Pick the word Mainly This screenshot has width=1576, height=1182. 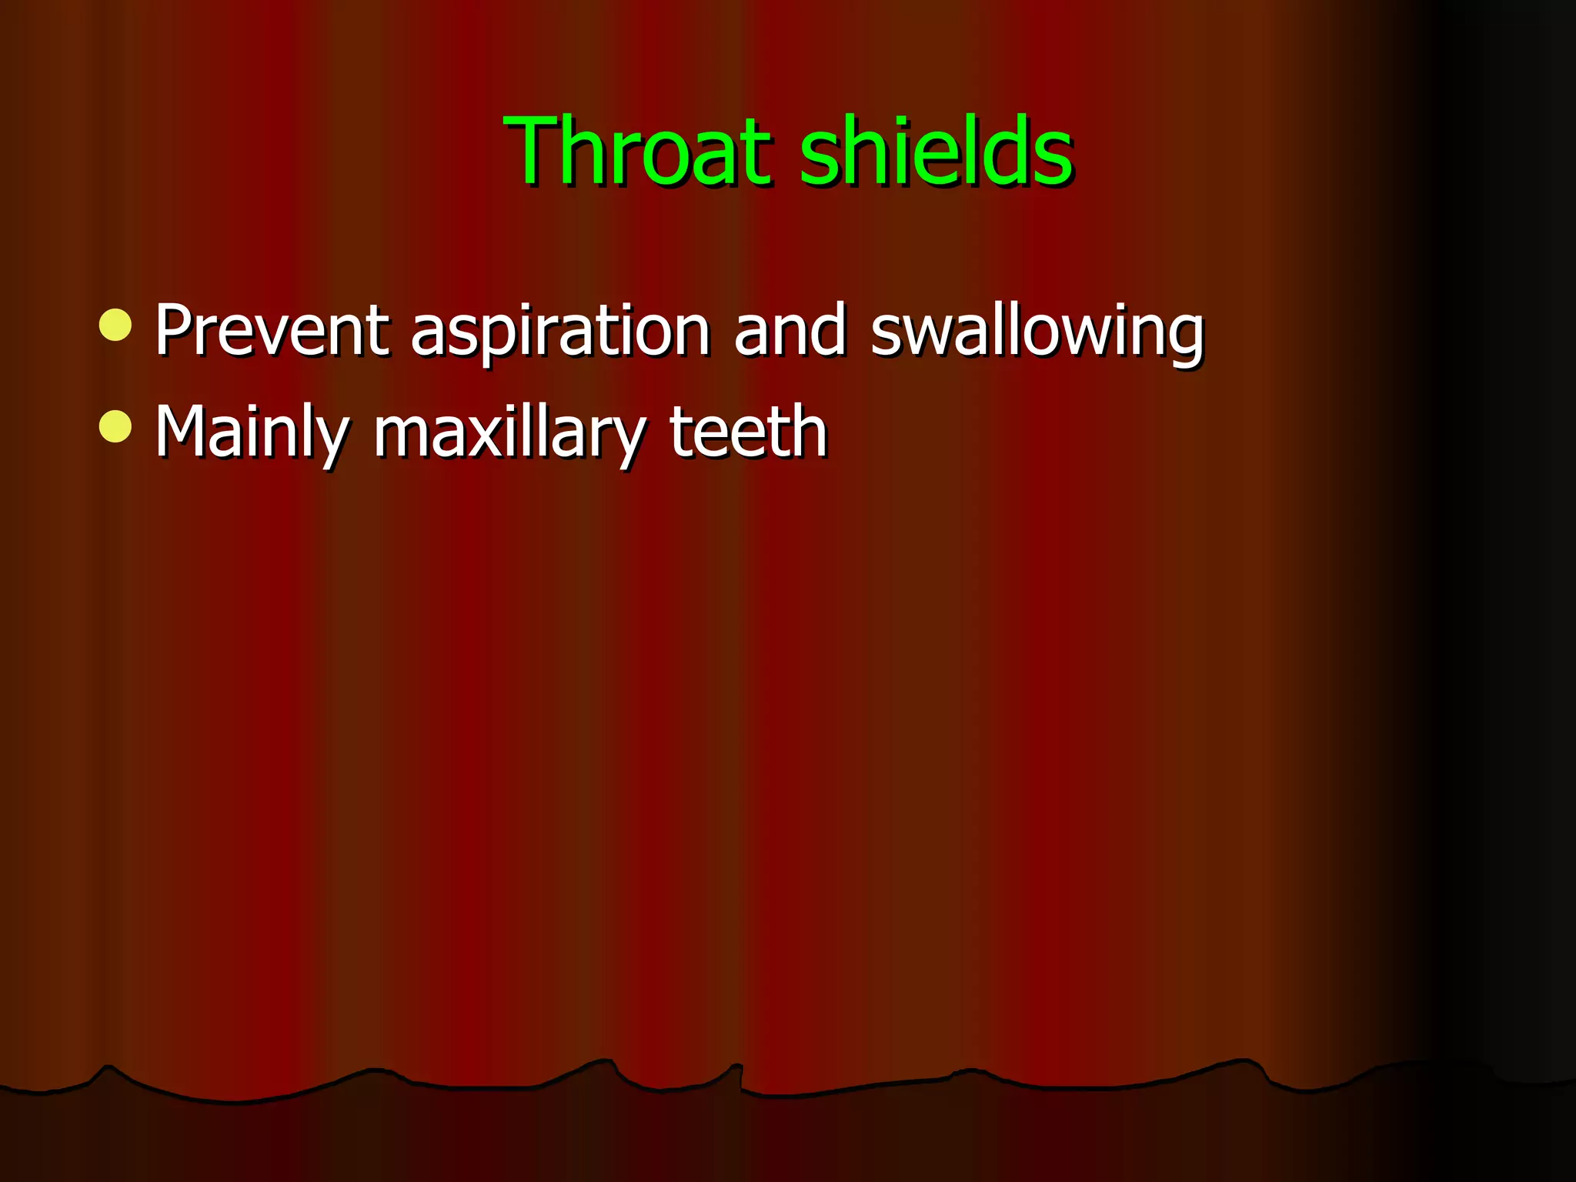(x=252, y=432)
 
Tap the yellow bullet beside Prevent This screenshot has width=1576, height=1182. (x=115, y=326)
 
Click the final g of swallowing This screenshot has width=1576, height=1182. (x=1184, y=339)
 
